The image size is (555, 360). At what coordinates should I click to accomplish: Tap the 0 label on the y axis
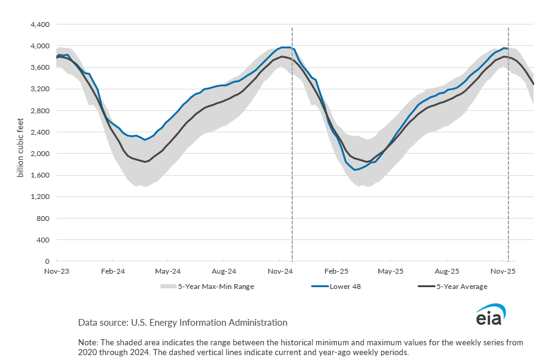(47, 261)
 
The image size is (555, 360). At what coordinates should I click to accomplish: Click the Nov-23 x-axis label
(56, 271)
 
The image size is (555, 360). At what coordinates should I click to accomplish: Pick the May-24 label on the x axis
(168, 271)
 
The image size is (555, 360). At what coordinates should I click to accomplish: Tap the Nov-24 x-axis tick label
(280, 271)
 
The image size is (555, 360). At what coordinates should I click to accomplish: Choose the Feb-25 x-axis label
(336, 271)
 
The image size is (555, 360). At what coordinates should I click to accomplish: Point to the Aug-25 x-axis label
(447, 271)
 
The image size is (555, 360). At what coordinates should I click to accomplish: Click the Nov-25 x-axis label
(503, 271)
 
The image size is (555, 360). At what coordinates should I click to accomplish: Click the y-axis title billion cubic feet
(20, 143)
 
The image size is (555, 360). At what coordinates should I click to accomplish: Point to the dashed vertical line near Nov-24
(292, 184)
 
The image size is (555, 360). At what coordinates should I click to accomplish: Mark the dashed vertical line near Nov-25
(508, 184)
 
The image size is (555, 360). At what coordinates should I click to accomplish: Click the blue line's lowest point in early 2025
(356, 170)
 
